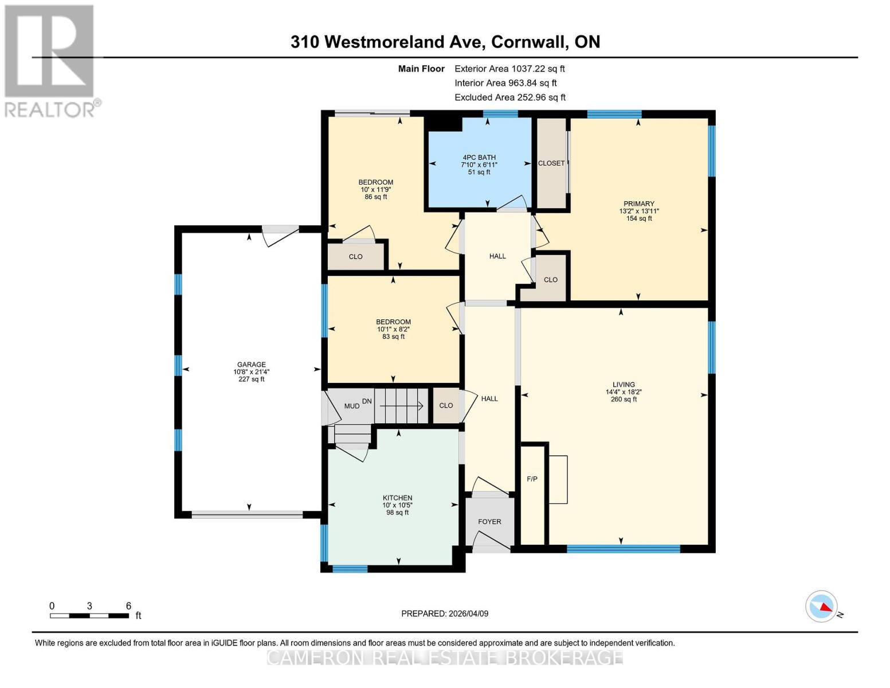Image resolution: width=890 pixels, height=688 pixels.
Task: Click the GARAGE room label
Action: click(x=251, y=365)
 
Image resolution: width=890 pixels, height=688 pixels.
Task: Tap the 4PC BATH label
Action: click(x=479, y=158)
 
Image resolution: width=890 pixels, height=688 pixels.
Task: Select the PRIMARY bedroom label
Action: click(x=638, y=204)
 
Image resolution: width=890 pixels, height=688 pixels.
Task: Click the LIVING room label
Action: click(x=624, y=385)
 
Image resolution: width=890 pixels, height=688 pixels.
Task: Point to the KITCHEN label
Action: click(x=397, y=498)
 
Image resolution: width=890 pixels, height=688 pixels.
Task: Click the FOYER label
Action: click(x=489, y=522)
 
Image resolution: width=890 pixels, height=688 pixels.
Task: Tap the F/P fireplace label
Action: click(x=532, y=479)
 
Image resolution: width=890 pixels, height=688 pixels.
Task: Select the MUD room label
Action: click(x=351, y=406)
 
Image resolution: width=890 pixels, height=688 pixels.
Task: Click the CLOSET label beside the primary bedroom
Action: click(x=551, y=163)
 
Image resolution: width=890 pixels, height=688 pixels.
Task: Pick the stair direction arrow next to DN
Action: click(x=402, y=406)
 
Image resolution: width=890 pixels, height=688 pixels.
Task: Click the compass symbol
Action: click(x=822, y=606)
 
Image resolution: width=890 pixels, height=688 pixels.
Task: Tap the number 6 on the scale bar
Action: click(x=128, y=606)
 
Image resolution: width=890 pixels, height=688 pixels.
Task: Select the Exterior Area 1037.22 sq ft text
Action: click(x=509, y=69)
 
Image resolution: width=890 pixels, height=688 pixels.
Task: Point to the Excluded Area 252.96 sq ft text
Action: click(x=509, y=97)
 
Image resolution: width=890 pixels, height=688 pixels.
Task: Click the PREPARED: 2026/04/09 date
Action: click(x=445, y=613)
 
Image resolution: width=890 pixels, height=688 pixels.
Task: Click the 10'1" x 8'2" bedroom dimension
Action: click(x=393, y=330)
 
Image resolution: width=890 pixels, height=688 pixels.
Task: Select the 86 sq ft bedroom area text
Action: click(x=376, y=197)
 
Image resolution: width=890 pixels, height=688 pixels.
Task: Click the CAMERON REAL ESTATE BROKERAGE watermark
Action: click(x=445, y=657)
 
